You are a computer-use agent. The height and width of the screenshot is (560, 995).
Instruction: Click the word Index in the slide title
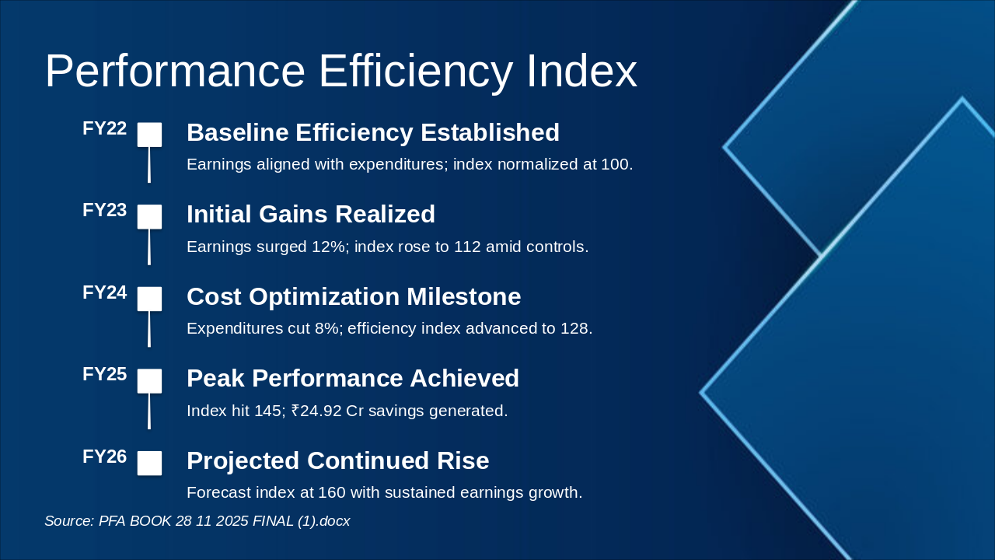pyautogui.click(x=581, y=72)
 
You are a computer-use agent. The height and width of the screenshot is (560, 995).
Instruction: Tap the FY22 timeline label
pyautogui.click(x=104, y=129)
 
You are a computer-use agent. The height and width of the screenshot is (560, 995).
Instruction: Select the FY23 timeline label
pyautogui.click(x=104, y=211)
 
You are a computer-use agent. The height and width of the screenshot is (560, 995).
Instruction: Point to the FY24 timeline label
pyautogui.click(x=104, y=293)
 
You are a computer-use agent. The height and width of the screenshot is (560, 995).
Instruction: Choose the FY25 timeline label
pyautogui.click(x=104, y=375)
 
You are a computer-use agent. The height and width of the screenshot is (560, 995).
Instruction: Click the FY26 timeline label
pyautogui.click(x=104, y=457)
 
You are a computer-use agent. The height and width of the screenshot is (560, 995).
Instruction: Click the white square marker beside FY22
pyautogui.click(x=149, y=135)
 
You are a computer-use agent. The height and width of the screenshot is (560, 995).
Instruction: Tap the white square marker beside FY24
pyautogui.click(x=149, y=299)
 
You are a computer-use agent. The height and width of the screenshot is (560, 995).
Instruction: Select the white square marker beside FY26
pyautogui.click(x=149, y=463)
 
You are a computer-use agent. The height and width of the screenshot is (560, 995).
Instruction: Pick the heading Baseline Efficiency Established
pyautogui.click(x=372, y=133)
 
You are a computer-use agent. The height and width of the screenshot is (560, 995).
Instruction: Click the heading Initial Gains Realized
pyautogui.click(x=310, y=215)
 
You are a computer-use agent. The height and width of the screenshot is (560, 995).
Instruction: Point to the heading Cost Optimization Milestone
pyautogui.click(x=353, y=297)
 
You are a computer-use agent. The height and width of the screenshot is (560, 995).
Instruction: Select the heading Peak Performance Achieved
pyautogui.click(x=352, y=379)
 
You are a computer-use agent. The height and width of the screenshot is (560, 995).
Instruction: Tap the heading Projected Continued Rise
pyautogui.click(x=337, y=461)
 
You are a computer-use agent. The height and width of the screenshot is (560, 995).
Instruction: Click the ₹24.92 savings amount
pyautogui.click(x=316, y=411)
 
